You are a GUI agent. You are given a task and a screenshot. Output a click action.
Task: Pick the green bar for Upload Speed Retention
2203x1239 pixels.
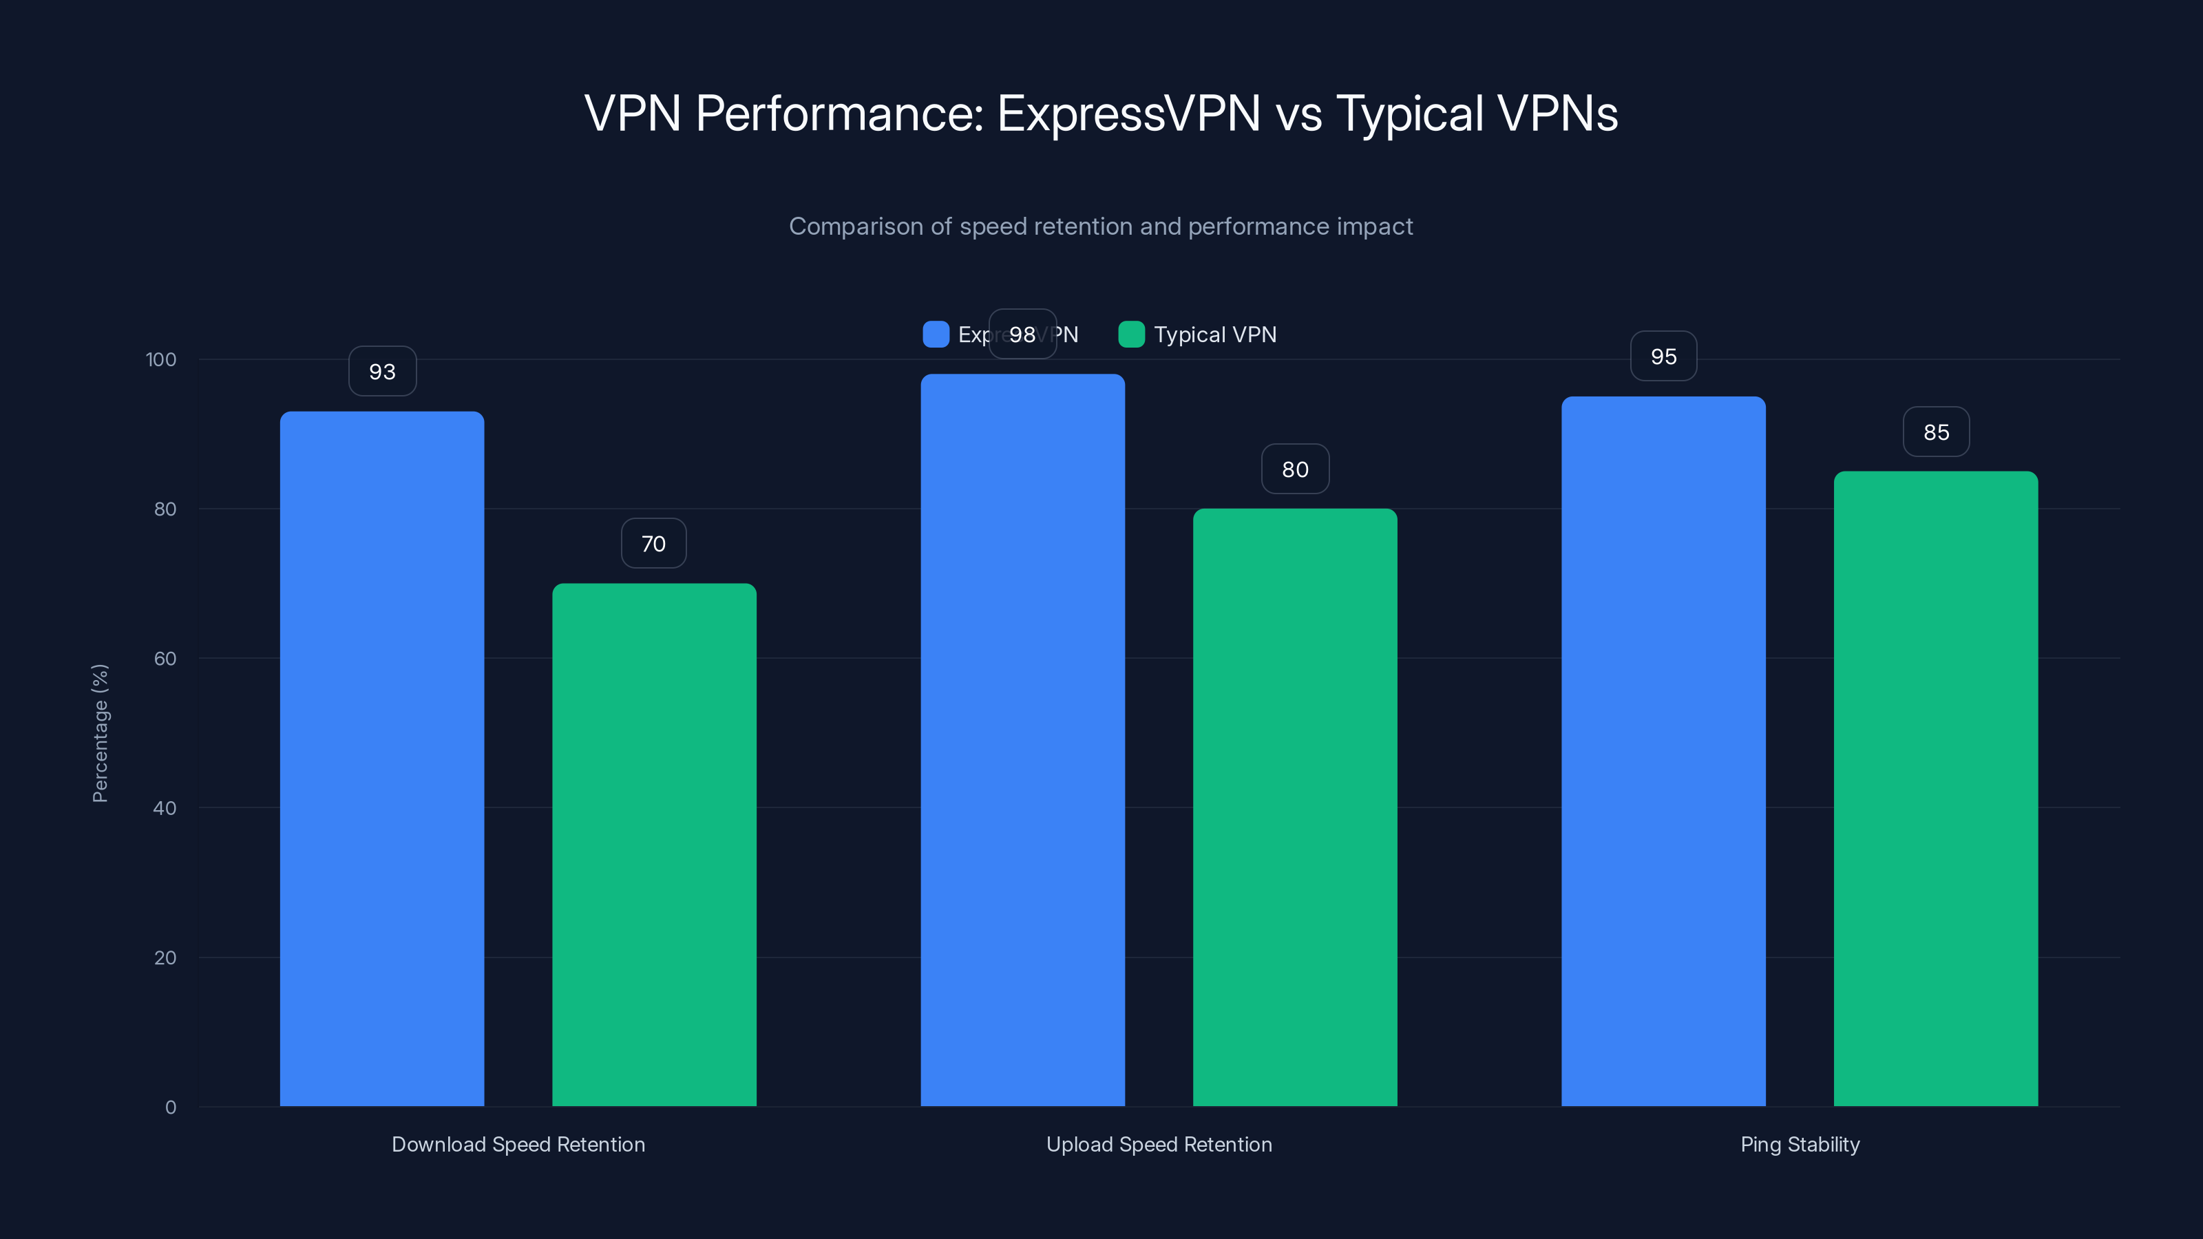[x=1295, y=807]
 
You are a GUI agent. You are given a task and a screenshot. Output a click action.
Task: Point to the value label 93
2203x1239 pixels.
[x=382, y=371]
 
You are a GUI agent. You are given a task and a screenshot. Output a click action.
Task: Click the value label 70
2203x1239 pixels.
[x=653, y=543]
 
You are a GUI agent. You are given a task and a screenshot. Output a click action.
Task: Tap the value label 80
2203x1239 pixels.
[x=1295, y=469]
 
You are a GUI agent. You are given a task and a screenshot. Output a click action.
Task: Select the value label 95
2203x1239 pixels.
[x=1663, y=356]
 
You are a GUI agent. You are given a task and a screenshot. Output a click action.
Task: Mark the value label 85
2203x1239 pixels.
[x=1936, y=432]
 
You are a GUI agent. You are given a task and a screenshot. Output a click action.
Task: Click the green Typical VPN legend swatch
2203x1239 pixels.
[x=1131, y=335]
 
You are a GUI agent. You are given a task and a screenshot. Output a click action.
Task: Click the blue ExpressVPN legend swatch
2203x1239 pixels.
[x=936, y=335]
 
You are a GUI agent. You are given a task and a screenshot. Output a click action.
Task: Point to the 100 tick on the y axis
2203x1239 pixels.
[x=161, y=359]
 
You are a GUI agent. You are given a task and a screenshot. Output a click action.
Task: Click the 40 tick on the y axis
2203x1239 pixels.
[x=165, y=808]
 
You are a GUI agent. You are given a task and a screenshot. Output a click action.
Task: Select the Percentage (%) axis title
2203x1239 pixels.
[x=100, y=733]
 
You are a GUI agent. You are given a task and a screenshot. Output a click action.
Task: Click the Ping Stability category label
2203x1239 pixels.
[x=1800, y=1144]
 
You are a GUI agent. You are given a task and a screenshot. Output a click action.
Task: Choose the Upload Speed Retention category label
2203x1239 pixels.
[x=1159, y=1144]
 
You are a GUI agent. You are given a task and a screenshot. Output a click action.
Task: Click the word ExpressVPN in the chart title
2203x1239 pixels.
[x=1128, y=113]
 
